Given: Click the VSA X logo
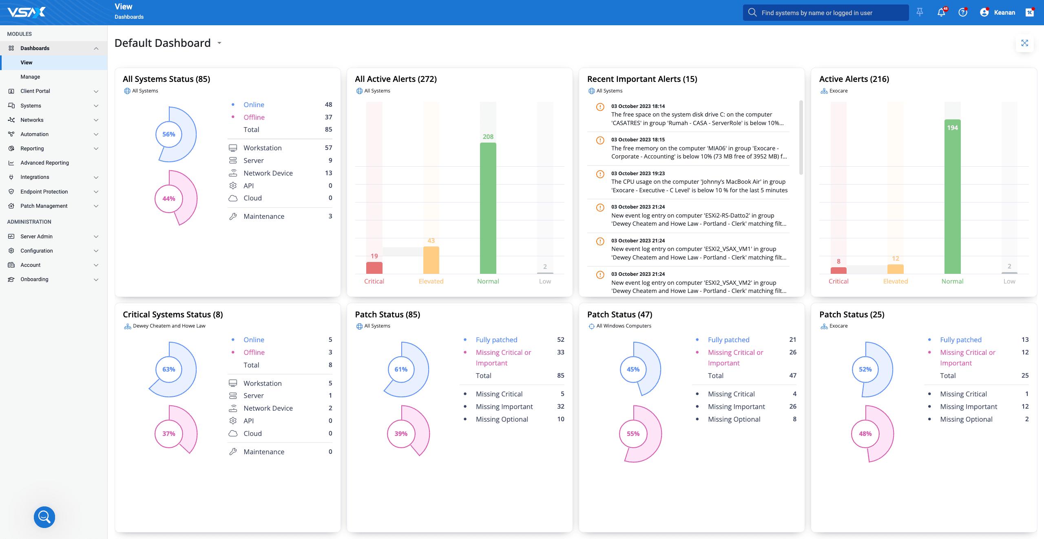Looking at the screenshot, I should click(x=27, y=12).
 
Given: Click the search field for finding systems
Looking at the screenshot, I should click(x=826, y=13).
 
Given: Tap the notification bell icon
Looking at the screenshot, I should click(x=941, y=13).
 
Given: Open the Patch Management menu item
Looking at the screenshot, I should click(x=44, y=206).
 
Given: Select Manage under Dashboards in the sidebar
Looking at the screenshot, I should click(x=30, y=77).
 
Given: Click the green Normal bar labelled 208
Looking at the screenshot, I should click(x=488, y=208).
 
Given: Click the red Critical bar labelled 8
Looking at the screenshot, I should click(x=838, y=270).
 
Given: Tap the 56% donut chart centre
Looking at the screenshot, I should click(x=168, y=134).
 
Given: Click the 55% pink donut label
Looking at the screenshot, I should click(x=633, y=433).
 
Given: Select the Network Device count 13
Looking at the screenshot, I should click(x=328, y=173).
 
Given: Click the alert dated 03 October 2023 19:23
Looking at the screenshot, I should click(x=699, y=182).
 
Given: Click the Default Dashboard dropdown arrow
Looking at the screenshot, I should click(x=219, y=43).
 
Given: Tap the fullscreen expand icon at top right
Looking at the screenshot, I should click(x=1024, y=43).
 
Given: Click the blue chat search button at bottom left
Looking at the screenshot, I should click(x=44, y=517).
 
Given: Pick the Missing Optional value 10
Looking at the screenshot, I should click(x=561, y=419).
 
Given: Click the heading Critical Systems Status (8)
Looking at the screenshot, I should click(x=173, y=315).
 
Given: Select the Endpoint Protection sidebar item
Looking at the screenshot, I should click(x=44, y=191).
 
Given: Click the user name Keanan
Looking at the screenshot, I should click(x=1004, y=13).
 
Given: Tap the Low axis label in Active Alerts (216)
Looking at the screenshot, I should click(x=1009, y=281).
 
